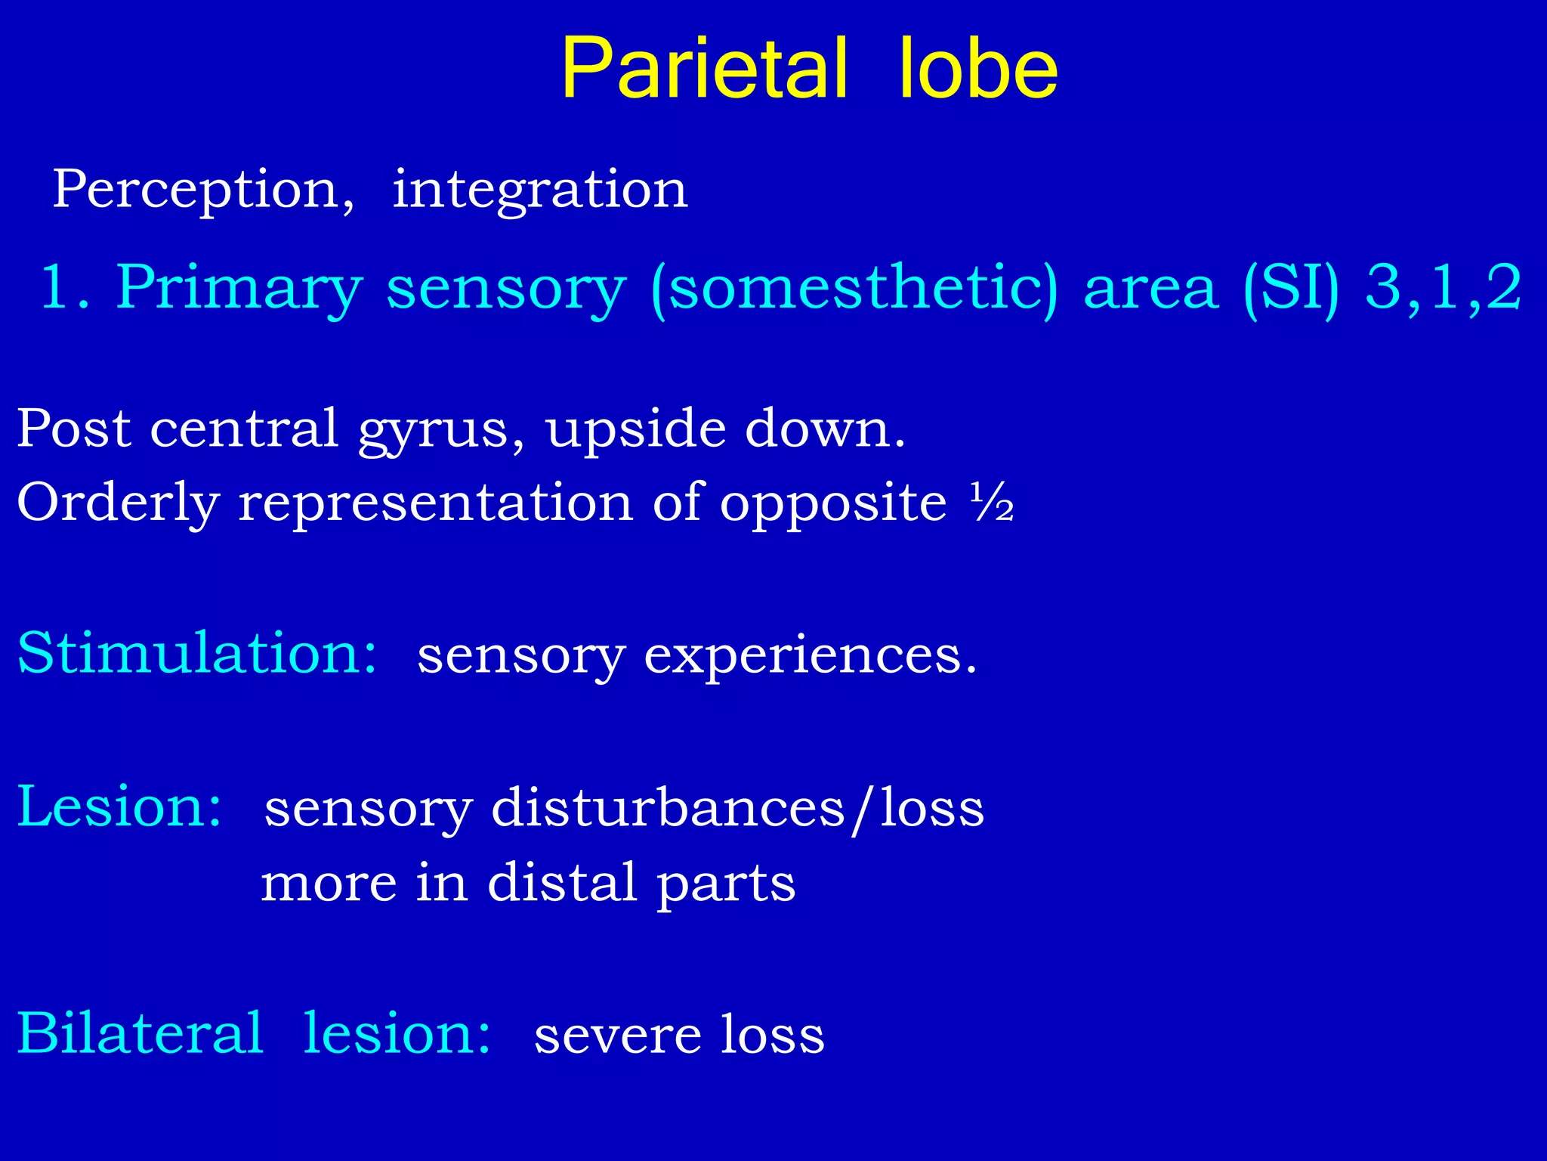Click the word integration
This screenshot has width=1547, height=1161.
coord(539,189)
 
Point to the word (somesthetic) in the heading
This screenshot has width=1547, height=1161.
coord(854,288)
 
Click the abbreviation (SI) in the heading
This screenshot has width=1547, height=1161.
coord(1291,288)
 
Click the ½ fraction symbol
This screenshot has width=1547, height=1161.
coord(992,503)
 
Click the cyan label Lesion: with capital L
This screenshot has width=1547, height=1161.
coord(119,807)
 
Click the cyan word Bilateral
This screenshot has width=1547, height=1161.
coord(140,1033)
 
